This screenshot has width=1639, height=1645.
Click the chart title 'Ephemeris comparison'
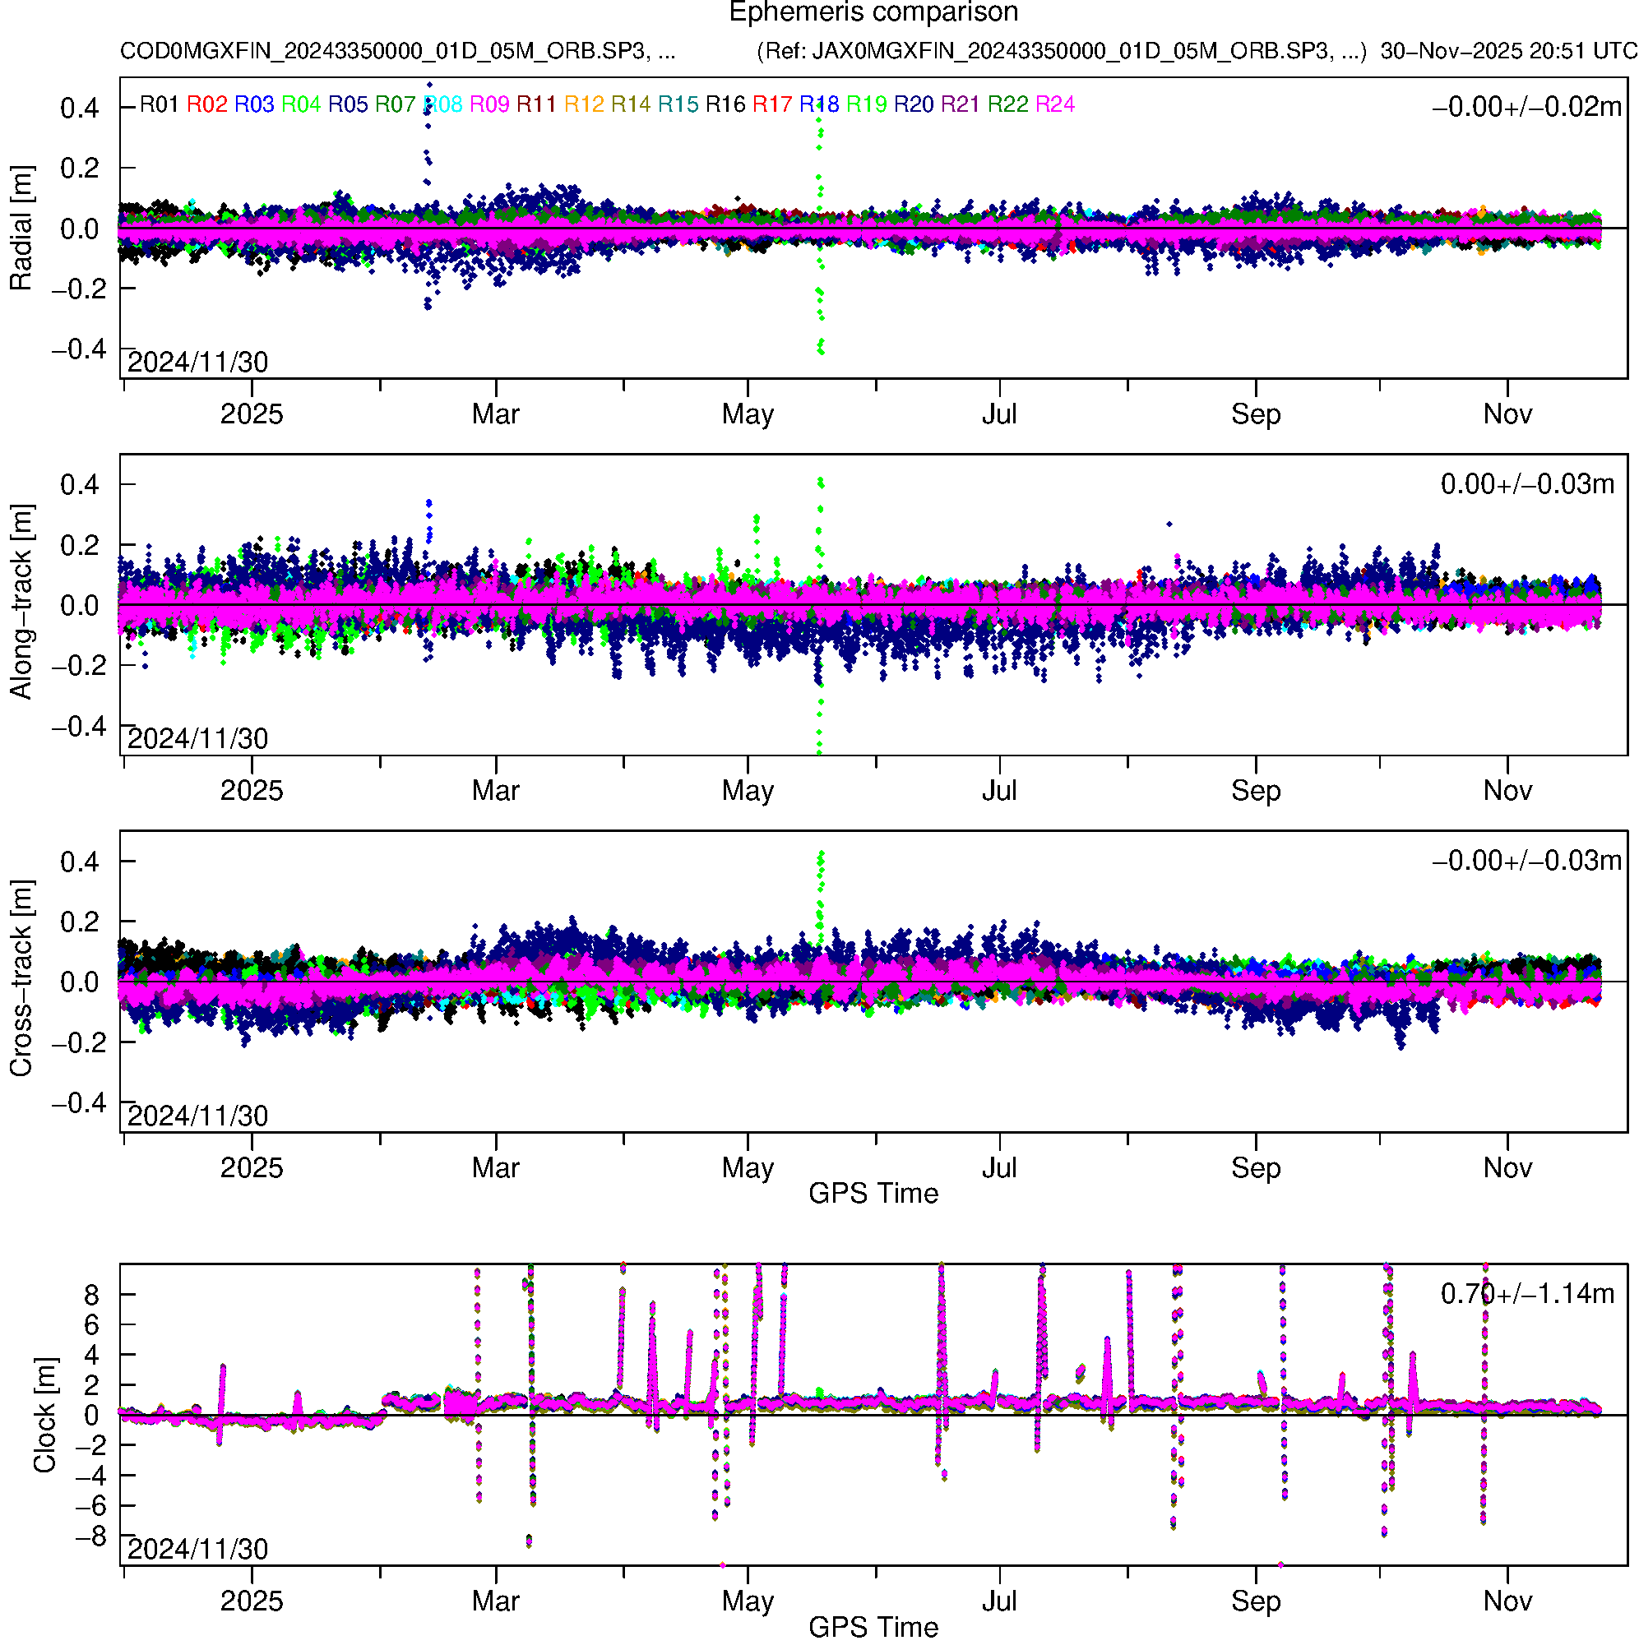pyautogui.click(x=873, y=13)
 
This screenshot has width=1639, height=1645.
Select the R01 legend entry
pyautogui.click(x=160, y=104)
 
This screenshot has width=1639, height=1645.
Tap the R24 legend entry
pyautogui.click(x=1054, y=104)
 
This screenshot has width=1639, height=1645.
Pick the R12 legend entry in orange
pyautogui.click(x=584, y=104)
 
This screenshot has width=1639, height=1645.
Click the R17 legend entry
pyautogui.click(x=771, y=104)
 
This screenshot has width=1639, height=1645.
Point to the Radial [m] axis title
pyautogui.click(x=21, y=229)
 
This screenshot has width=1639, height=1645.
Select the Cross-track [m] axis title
pyautogui.click(x=21, y=978)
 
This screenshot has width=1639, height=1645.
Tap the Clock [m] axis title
pyautogui.click(x=44, y=1415)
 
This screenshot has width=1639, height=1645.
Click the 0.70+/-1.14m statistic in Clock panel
pyautogui.click(x=1526, y=1294)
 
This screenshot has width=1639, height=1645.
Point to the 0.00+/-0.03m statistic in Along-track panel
pyautogui.click(x=1526, y=484)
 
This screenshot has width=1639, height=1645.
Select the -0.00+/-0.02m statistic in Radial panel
pyautogui.click(x=1526, y=107)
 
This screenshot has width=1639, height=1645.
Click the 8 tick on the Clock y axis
pyautogui.click(x=91, y=1295)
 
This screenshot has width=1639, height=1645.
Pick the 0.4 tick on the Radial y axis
pyautogui.click(x=80, y=109)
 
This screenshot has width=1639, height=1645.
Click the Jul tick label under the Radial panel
pyautogui.click(x=998, y=414)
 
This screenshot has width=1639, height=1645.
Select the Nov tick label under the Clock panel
pyautogui.click(x=1507, y=1601)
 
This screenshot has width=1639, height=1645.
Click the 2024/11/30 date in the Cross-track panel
pyautogui.click(x=197, y=1116)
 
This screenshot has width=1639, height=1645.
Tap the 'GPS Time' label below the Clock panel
pyautogui.click(x=873, y=1627)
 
